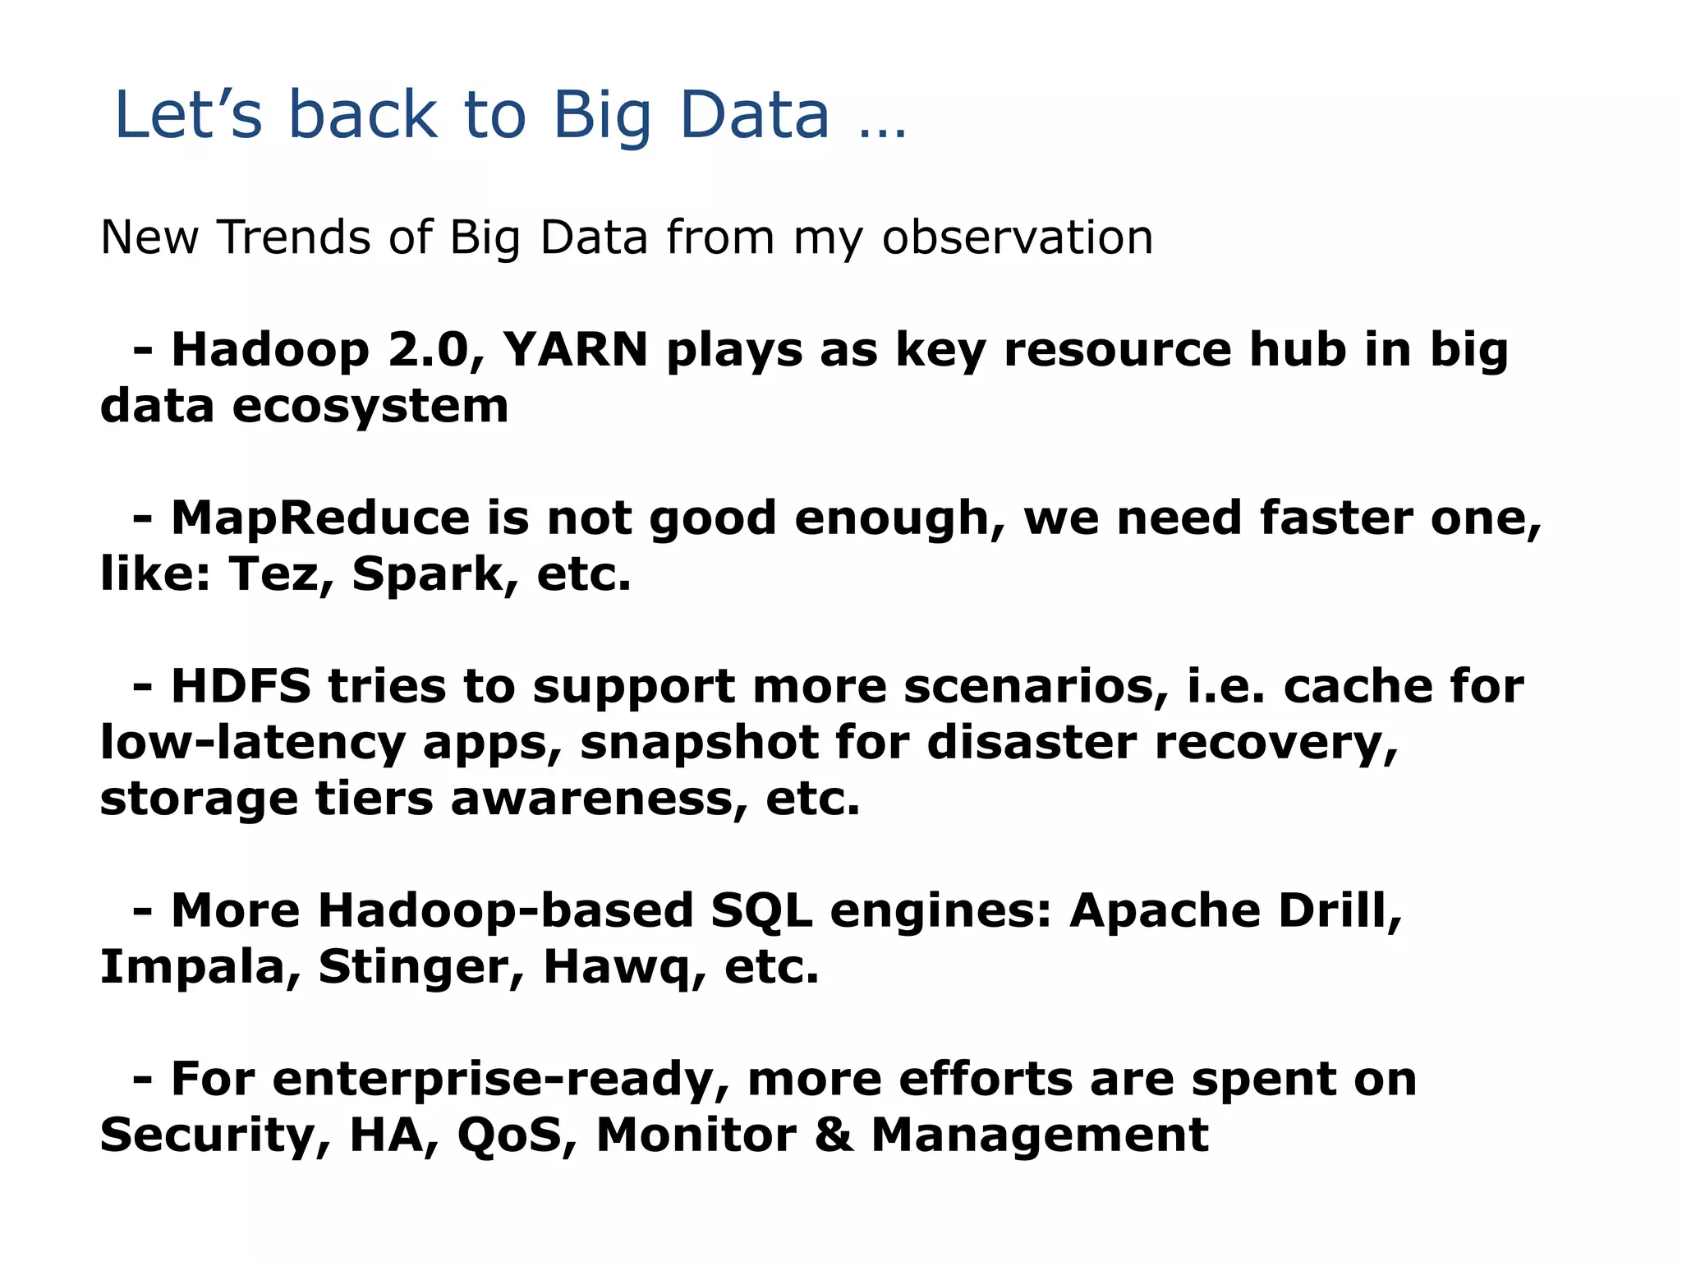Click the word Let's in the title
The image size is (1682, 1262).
coord(188,115)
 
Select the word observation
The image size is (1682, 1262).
coord(1017,238)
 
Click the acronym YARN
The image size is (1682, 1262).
coord(576,350)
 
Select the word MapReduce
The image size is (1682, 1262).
coord(320,518)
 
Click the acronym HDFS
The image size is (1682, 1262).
coord(241,686)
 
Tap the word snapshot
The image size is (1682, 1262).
coord(699,743)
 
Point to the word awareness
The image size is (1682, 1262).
coord(599,799)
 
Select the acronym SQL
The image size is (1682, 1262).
coord(761,911)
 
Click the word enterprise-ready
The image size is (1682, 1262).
coord(500,1080)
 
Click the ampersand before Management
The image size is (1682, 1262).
coord(834,1135)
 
